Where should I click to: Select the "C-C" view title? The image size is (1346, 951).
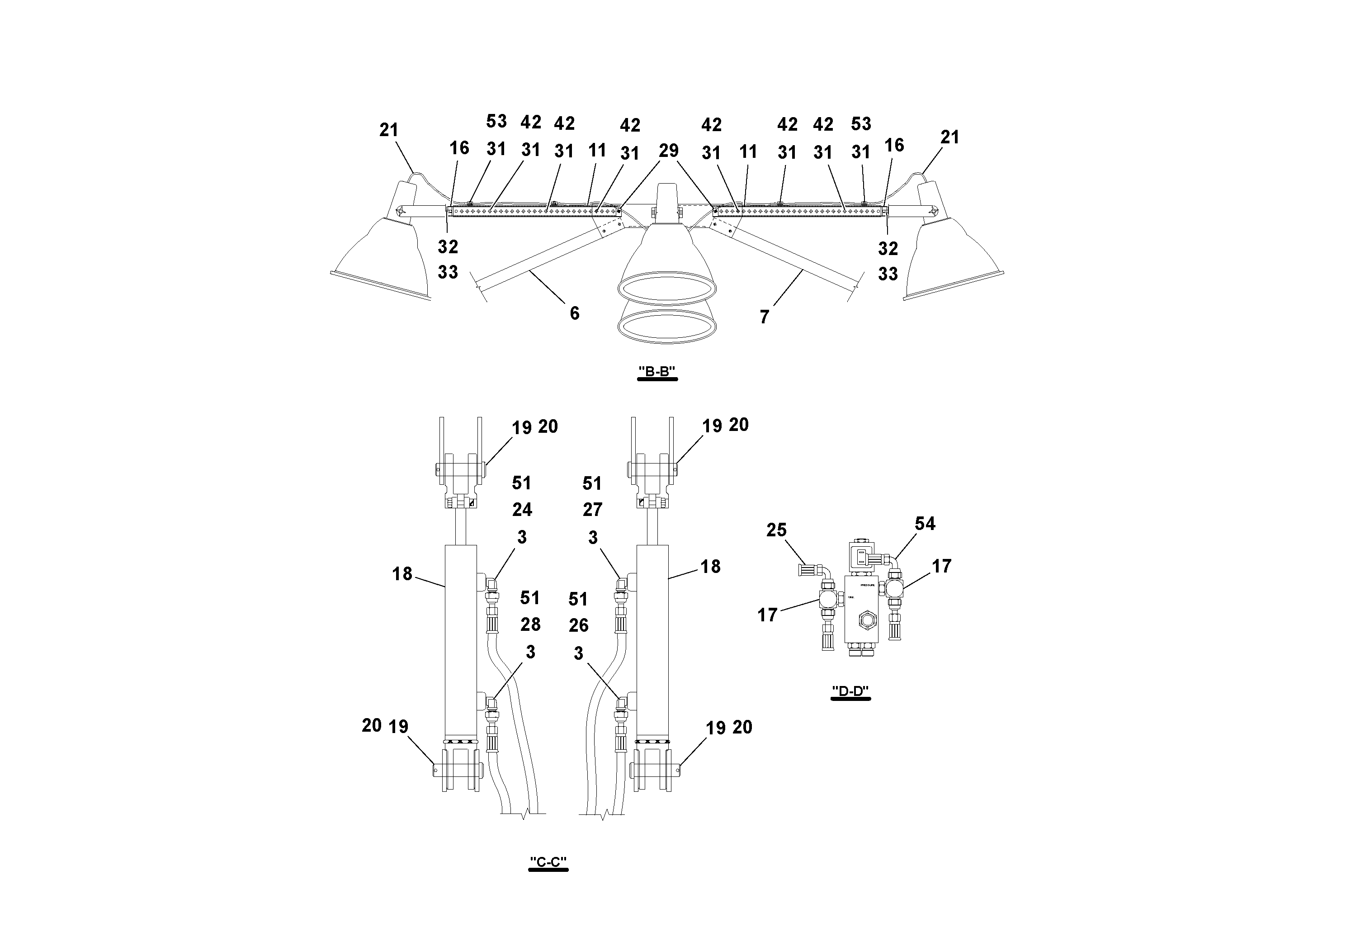tap(548, 861)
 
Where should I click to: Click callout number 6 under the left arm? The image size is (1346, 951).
tap(575, 313)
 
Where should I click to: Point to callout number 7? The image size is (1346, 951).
tap(764, 317)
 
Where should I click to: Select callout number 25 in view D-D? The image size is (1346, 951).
tap(776, 530)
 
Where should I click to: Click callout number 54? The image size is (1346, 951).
tap(925, 523)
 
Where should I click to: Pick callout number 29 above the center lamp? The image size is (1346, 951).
tap(668, 151)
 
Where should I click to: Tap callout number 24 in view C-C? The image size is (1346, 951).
tap(522, 510)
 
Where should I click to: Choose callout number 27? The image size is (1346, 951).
tap(592, 510)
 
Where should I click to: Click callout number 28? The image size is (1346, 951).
tap(530, 625)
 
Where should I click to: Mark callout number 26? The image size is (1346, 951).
tap(578, 625)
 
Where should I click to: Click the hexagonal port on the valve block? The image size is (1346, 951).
tap(865, 619)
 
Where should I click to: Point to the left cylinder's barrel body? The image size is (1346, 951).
tap(460, 639)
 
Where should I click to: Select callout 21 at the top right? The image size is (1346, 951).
tap(949, 137)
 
